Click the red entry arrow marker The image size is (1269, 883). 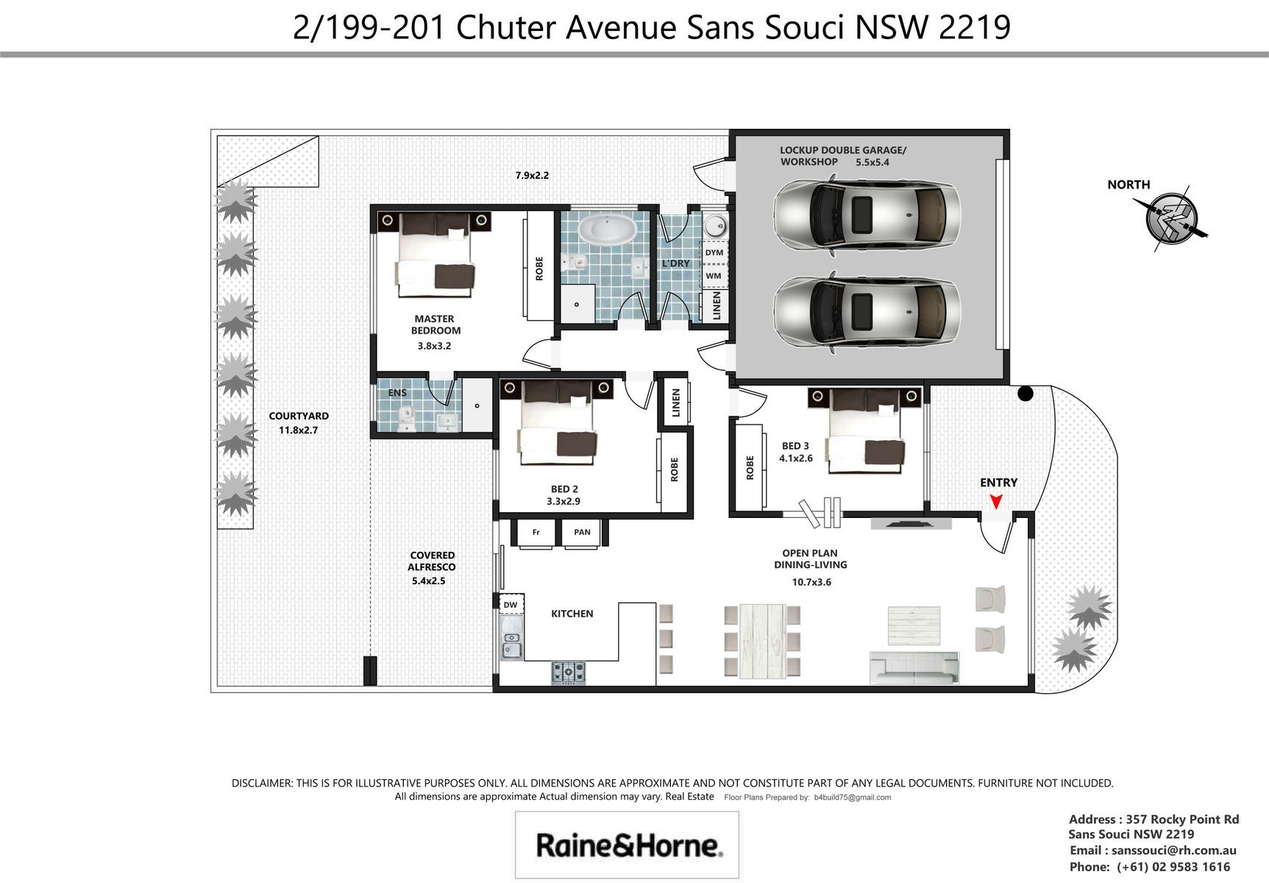[996, 501]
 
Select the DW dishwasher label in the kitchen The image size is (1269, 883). [511, 605]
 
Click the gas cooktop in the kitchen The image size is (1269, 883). [569, 672]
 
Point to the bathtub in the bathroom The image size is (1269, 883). [607, 229]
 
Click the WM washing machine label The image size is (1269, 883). [714, 276]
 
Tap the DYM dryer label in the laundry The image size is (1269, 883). [714, 252]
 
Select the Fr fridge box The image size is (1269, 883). [536, 533]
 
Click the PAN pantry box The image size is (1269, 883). [582, 533]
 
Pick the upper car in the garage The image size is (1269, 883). [867, 213]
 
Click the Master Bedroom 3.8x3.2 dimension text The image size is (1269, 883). [434, 345]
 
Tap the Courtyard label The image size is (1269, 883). [299, 416]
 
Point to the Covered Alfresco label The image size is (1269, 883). [432, 561]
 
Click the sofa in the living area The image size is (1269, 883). [914, 667]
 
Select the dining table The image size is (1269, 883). [762, 640]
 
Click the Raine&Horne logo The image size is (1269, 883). [628, 845]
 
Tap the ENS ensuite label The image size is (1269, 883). [397, 393]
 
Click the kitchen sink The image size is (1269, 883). [512, 637]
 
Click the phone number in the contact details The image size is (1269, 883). [1173, 867]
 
